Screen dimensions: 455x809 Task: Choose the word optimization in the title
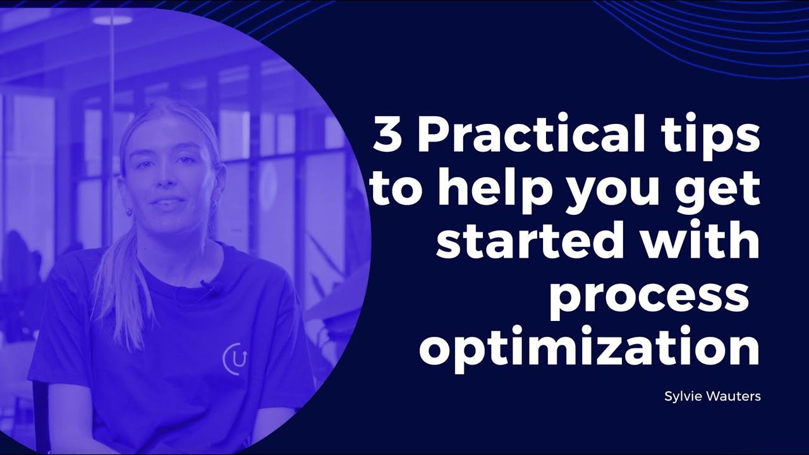click(589, 349)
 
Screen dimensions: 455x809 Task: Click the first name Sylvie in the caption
click(680, 397)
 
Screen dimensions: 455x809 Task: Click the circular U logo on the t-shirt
click(235, 358)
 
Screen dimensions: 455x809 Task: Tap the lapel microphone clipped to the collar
click(207, 286)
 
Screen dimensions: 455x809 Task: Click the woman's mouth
click(169, 203)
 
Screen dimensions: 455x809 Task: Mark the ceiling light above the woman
click(113, 19)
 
